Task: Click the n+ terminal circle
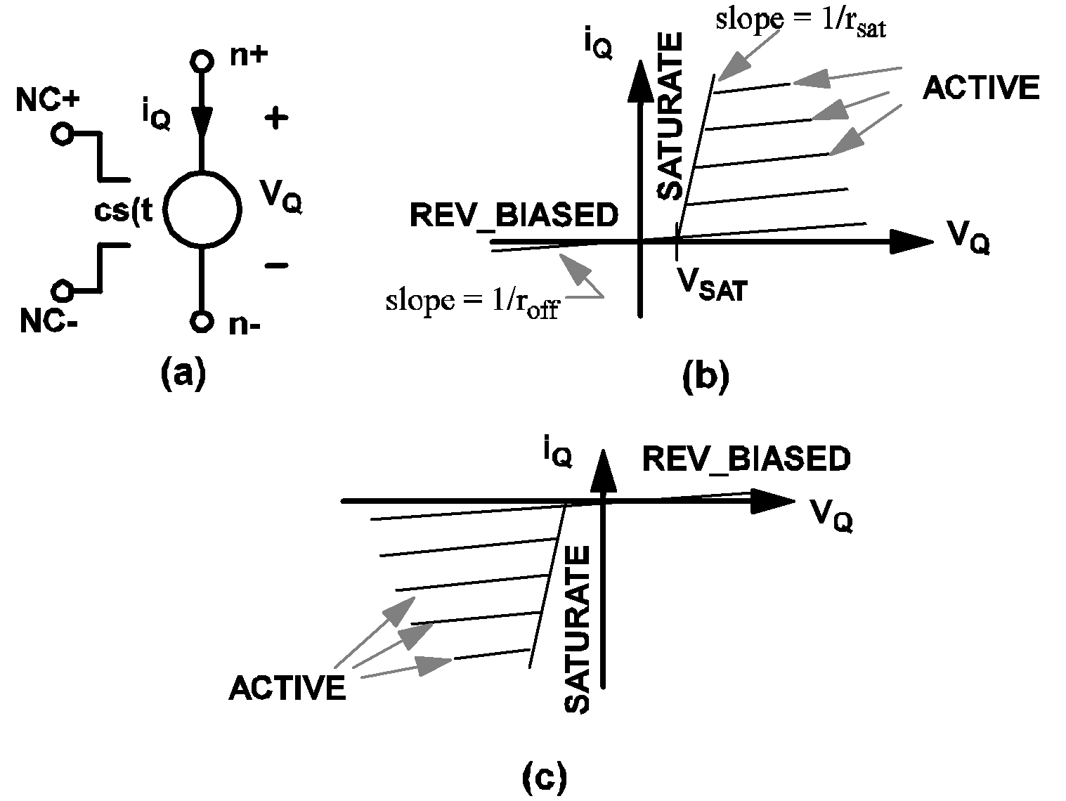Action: pyautogui.click(x=202, y=61)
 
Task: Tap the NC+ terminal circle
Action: pyautogui.click(x=62, y=133)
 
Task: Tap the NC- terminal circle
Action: pyautogui.click(x=62, y=289)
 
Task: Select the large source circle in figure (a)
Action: pyautogui.click(x=202, y=209)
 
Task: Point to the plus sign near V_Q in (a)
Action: pyautogui.click(x=276, y=119)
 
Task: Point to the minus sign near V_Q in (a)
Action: pyautogui.click(x=276, y=266)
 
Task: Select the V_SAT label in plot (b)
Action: pyautogui.click(x=710, y=285)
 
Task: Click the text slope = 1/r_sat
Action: pyautogui.click(x=800, y=21)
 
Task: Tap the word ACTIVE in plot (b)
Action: pyautogui.click(x=980, y=88)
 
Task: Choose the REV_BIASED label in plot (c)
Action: pyautogui.click(x=746, y=459)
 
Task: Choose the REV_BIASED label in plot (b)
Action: pyautogui.click(x=514, y=216)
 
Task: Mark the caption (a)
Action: pyautogui.click(x=183, y=372)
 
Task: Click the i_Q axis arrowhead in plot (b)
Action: pyautogui.click(x=640, y=77)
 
